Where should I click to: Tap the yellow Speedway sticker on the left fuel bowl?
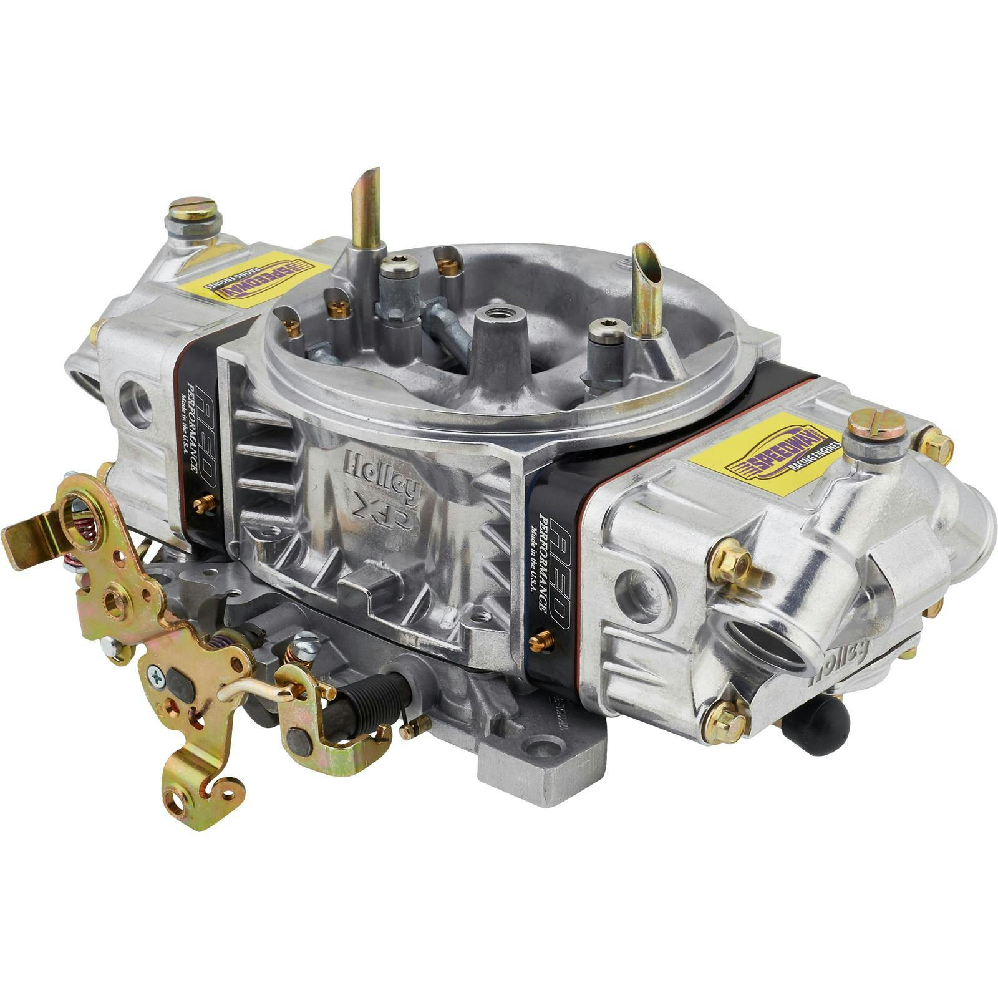(254, 279)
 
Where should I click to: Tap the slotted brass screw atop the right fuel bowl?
(877, 424)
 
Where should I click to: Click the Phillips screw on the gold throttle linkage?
(155, 675)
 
